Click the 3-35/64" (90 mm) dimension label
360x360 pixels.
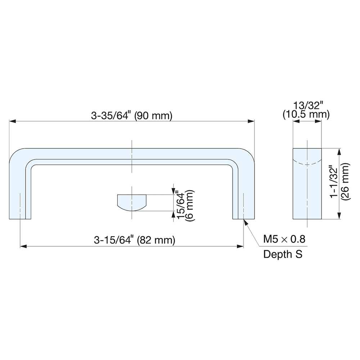pyautogui.click(x=132, y=116)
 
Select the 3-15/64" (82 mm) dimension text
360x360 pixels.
pyautogui.click(x=134, y=240)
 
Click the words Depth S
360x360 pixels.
pyautogui.click(x=283, y=254)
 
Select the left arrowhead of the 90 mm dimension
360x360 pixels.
pyautogui.click(x=12, y=122)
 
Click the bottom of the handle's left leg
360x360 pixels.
pyautogui.click(x=20, y=217)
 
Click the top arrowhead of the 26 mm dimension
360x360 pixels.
pyautogui.click(x=339, y=151)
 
